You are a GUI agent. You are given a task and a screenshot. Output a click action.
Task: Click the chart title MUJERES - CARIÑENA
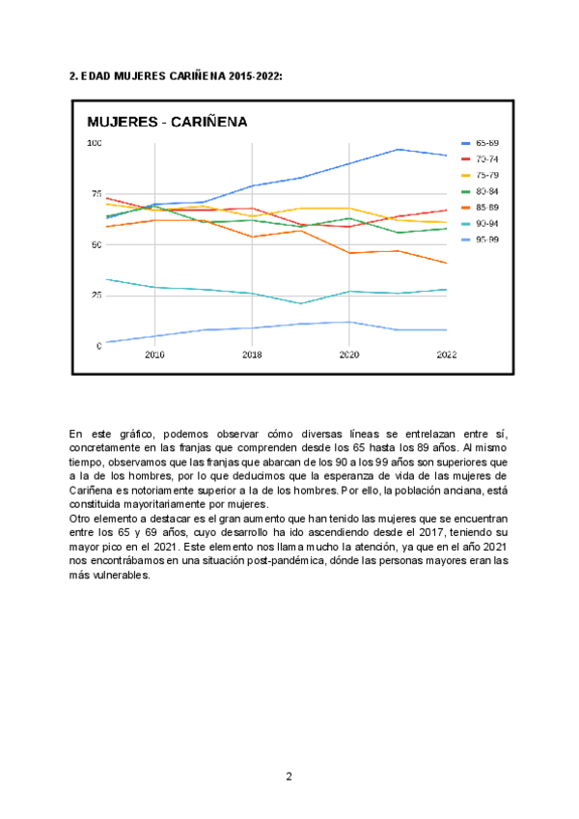pyautogui.click(x=167, y=122)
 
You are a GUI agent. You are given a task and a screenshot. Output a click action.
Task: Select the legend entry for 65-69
pyautogui.click(x=486, y=143)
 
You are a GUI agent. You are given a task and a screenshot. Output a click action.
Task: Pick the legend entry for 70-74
pyautogui.click(x=486, y=158)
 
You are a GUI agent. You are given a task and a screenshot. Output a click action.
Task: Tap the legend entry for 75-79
pyautogui.click(x=486, y=175)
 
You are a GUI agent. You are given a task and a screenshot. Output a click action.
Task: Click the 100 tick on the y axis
pyautogui.click(x=95, y=144)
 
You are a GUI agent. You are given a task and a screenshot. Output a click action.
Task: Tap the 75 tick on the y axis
pyautogui.click(x=96, y=194)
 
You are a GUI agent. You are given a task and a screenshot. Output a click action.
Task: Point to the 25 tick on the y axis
pyautogui.click(x=96, y=296)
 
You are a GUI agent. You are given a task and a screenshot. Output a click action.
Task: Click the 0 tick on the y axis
pyautogui.click(x=98, y=346)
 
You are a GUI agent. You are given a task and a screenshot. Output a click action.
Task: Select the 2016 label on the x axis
pyautogui.click(x=154, y=355)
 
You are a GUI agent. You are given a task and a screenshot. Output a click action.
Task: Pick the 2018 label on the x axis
pyautogui.click(x=252, y=355)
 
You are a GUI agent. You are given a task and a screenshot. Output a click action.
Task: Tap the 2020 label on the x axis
pyautogui.click(x=349, y=355)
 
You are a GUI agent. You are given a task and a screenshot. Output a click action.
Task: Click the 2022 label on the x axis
pyautogui.click(x=446, y=355)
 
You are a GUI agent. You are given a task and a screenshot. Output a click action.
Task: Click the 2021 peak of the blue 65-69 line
pyautogui.click(x=398, y=150)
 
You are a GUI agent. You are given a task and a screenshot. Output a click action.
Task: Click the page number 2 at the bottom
pyautogui.click(x=289, y=777)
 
